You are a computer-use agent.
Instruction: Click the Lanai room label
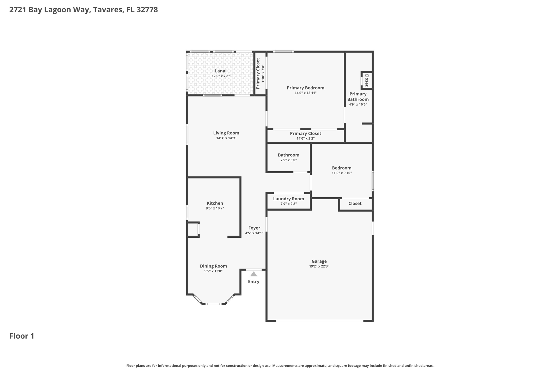220,71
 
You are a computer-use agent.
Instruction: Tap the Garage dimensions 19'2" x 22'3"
319,266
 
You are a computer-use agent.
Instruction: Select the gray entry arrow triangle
253,274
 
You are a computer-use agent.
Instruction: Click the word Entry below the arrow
253,281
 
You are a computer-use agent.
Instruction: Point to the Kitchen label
215,203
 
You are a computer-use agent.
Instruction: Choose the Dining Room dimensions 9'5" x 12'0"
213,271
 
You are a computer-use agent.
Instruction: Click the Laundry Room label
288,199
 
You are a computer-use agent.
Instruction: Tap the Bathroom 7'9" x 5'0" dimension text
288,160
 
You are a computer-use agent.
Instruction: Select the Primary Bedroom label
305,88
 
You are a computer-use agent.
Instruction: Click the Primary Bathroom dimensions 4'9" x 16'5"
358,104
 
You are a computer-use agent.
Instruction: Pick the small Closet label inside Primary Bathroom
367,80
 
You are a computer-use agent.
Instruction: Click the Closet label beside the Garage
355,203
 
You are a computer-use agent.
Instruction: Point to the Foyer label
254,228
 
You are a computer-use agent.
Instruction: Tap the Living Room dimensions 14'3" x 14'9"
226,138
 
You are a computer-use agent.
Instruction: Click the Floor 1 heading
22,336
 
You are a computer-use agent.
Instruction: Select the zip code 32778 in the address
147,10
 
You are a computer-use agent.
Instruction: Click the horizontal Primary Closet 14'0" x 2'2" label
305,133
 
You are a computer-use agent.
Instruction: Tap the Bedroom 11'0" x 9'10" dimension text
342,173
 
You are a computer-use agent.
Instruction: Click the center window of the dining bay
213,304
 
